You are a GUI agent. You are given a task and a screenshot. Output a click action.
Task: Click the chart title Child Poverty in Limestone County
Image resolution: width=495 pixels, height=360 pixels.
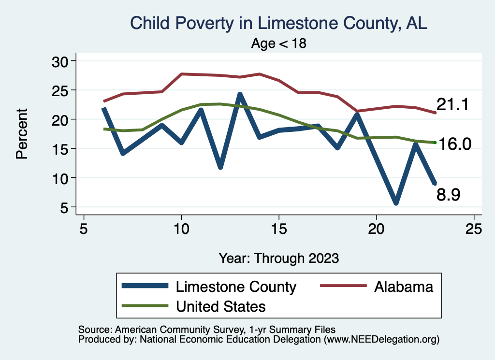[279, 23]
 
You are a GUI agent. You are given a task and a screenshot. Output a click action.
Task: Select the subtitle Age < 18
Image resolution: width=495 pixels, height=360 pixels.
[279, 43]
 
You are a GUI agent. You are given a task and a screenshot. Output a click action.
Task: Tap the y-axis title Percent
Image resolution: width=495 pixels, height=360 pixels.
[21, 134]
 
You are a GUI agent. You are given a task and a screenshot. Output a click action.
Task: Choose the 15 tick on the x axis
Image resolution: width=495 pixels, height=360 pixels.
[279, 229]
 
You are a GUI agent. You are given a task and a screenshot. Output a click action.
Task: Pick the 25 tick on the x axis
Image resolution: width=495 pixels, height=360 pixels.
[474, 229]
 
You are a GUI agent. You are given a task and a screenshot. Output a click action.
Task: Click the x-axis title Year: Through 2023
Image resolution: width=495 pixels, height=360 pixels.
[279, 258]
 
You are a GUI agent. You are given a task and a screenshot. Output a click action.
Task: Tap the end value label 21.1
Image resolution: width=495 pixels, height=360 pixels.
[453, 104]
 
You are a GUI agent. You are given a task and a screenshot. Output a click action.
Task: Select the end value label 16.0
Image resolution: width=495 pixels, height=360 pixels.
[454, 144]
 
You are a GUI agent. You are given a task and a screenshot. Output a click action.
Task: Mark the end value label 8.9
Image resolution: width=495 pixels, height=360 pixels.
[448, 195]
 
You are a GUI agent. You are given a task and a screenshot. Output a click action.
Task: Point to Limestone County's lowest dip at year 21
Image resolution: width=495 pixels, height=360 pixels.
[396, 203]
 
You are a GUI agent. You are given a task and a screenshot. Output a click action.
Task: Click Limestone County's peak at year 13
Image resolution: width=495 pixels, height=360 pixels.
[240, 94]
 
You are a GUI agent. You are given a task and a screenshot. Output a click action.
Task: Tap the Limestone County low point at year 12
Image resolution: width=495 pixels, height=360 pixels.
[220, 167]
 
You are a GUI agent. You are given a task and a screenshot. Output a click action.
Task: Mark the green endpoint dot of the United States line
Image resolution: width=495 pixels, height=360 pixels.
[435, 143]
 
